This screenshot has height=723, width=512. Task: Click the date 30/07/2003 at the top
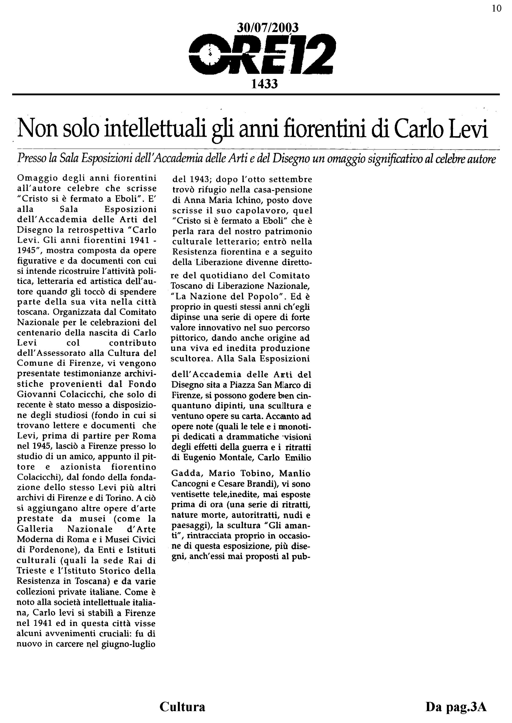click(267, 28)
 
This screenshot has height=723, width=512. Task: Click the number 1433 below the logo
click(264, 84)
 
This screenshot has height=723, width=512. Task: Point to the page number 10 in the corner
click(497, 8)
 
